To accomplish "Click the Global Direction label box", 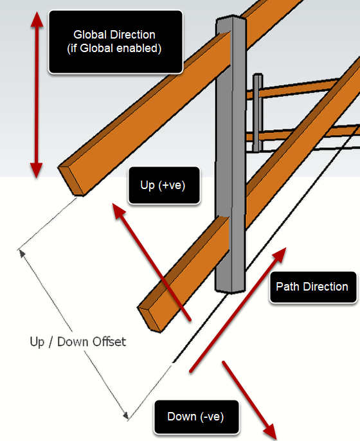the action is tap(116, 42).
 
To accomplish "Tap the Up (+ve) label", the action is tap(164, 185).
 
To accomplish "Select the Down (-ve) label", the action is tap(196, 417).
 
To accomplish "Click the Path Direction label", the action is tap(312, 287).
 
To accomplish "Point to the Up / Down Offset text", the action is tap(78, 342).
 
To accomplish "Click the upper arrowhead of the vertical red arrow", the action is tap(37, 19).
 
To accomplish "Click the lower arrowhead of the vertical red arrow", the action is tap(37, 170).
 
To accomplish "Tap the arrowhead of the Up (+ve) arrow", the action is tap(119, 210).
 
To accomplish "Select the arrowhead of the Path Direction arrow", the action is tap(279, 255).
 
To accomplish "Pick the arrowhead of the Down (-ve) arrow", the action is tap(271, 432).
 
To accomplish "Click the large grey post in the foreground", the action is tap(231, 155).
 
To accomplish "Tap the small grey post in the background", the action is tap(258, 113).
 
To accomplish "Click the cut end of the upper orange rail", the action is tap(71, 180).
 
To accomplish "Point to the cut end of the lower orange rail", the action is tap(150, 318).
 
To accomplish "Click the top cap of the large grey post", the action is tap(231, 18).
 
